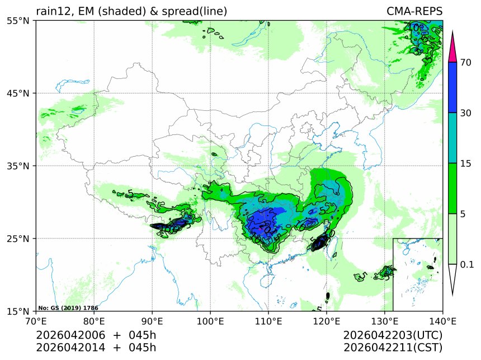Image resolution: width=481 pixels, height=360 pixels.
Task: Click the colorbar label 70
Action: (466, 63)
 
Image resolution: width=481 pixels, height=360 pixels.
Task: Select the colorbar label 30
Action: (466, 113)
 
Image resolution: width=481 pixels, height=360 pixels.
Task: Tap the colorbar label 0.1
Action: (467, 264)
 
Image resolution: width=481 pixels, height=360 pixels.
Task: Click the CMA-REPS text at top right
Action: (414, 12)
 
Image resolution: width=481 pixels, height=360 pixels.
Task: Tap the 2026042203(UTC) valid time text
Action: (393, 335)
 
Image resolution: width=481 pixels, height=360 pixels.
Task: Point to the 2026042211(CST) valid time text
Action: (393, 347)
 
